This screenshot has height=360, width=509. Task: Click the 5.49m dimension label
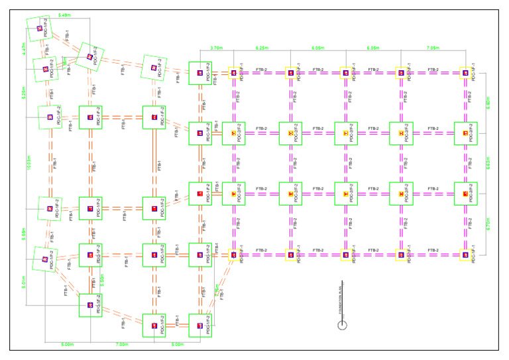click(x=64, y=15)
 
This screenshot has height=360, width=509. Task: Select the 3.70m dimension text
click(x=216, y=48)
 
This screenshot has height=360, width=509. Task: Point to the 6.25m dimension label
click(x=262, y=48)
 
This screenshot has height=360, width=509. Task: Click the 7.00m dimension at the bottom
click(x=121, y=345)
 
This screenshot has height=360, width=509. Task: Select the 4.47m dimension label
click(x=23, y=48)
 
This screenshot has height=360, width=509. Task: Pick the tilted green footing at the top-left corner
click(x=38, y=29)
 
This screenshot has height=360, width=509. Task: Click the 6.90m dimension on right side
click(x=488, y=103)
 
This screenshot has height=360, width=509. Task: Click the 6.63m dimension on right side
click(x=488, y=164)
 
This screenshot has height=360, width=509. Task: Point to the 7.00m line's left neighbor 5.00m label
click(x=67, y=345)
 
